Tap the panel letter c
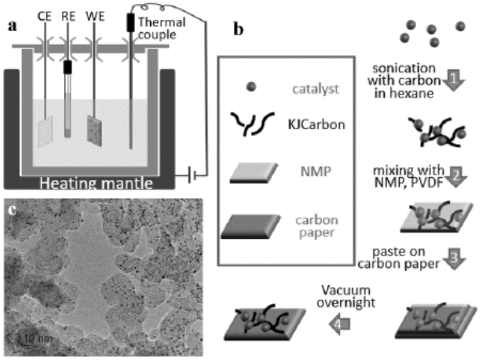(x=11, y=209)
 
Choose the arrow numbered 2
(x=457, y=176)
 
